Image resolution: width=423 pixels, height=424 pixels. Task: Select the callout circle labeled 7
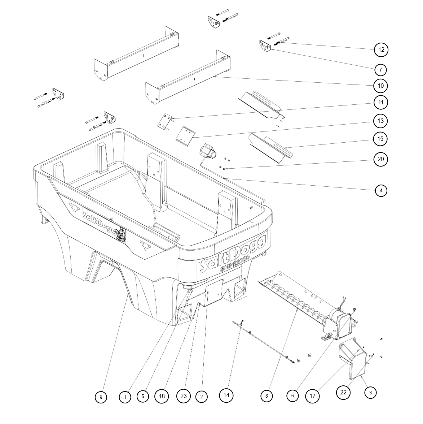tap(380, 69)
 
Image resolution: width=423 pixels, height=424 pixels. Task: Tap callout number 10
tap(380, 86)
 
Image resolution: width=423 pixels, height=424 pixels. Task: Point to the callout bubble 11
tap(380, 103)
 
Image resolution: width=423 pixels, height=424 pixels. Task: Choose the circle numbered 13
tap(380, 121)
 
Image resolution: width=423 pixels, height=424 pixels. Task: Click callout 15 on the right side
tap(380, 139)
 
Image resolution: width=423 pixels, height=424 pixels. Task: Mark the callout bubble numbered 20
tap(380, 159)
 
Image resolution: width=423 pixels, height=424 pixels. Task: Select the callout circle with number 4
tap(381, 190)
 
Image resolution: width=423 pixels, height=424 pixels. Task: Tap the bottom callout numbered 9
tap(101, 397)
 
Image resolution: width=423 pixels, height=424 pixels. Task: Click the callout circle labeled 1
tap(125, 397)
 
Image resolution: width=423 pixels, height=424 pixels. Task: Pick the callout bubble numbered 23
tap(184, 396)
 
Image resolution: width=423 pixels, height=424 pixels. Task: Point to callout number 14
tap(226, 395)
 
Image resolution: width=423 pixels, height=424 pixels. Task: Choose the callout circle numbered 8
tap(266, 396)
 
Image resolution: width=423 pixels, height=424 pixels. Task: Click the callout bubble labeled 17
tap(312, 396)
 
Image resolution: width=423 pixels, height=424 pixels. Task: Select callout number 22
tap(343, 392)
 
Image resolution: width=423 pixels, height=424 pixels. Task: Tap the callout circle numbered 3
tap(370, 392)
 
